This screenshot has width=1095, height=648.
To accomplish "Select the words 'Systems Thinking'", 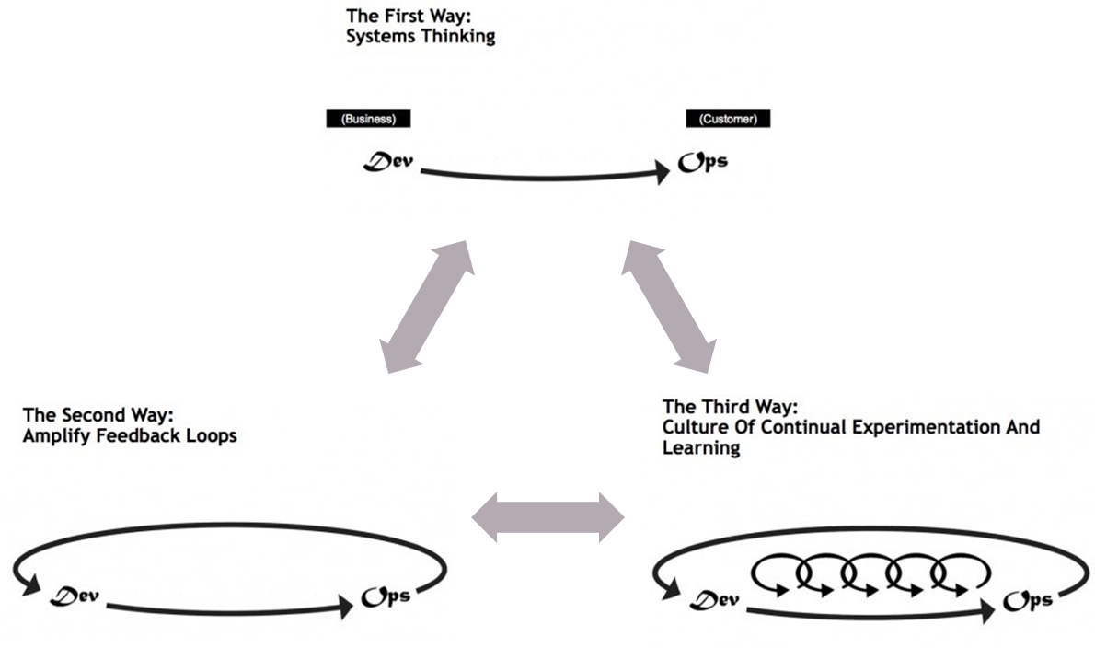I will [x=421, y=37].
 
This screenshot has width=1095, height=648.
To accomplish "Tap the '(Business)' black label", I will [x=368, y=119].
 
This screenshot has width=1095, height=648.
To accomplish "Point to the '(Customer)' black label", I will [x=728, y=119].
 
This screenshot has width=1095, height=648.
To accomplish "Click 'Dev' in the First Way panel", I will [x=389, y=165].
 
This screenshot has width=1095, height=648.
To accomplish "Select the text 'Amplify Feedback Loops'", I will [x=130, y=435].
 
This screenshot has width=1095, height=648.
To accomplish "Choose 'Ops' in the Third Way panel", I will [x=1027, y=601].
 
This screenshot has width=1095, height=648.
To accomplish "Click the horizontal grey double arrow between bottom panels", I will [x=547, y=516].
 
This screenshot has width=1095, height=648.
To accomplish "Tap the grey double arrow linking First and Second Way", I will [x=429, y=307].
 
